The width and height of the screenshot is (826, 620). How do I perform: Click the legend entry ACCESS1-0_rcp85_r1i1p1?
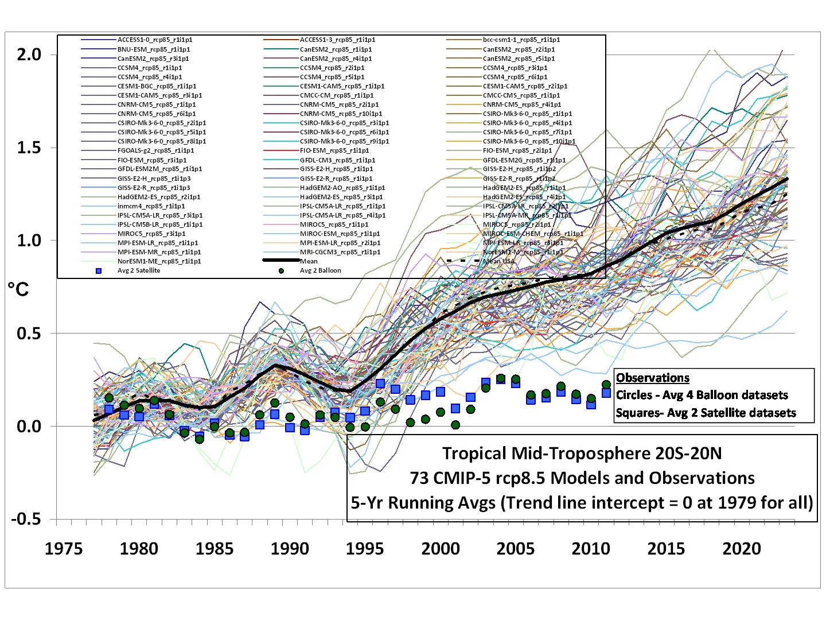coord(154,40)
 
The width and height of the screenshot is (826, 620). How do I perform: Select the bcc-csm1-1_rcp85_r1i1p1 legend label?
coord(521,40)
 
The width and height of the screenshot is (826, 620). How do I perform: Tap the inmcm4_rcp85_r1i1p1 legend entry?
coord(151,206)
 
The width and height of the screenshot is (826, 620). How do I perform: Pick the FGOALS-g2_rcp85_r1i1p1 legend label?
coord(155,150)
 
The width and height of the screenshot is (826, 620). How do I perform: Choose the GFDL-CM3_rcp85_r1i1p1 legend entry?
coord(337,160)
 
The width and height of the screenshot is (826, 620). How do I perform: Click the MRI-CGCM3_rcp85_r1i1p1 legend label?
coord(340,252)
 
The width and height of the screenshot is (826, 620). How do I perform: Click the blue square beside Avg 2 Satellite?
coord(99,270)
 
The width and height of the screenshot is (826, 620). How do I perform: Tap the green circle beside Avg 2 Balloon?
coord(281,270)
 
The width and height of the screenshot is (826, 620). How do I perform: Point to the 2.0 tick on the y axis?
coord(29,55)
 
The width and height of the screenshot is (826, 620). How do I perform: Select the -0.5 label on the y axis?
coord(26,519)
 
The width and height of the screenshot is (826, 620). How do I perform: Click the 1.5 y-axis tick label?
coord(29,148)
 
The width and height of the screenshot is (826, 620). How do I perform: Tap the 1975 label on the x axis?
coord(64,549)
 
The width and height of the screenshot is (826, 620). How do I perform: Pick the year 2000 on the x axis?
coord(440,549)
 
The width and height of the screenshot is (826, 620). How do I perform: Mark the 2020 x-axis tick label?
coord(741,549)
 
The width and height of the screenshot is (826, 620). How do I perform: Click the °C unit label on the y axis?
coord(18,289)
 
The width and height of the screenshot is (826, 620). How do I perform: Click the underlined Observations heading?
coord(652,378)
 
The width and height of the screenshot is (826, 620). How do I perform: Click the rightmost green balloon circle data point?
coord(606,385)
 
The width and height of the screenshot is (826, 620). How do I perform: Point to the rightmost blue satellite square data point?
coord(606,393)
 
